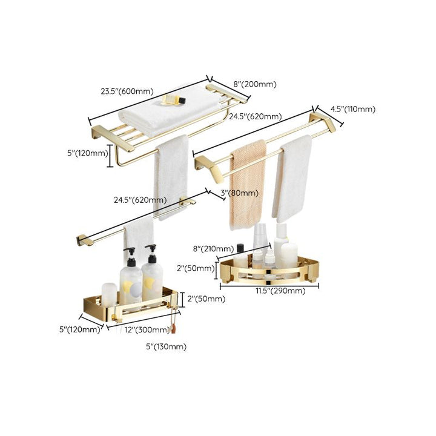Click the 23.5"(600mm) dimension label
click(x=128, y=91)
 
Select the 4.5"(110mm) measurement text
click(x=352, y=110)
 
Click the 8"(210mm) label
click(x=213, y=249)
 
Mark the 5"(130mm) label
click(x=166, y=347)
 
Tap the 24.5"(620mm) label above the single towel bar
click(x=140, y=200)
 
